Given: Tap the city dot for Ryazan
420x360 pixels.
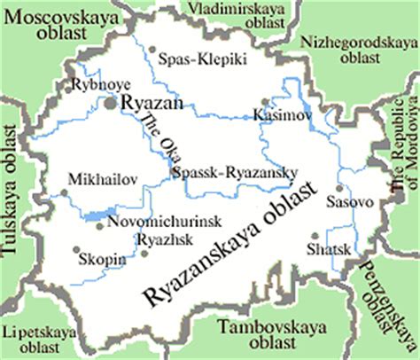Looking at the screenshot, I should pos(111,104).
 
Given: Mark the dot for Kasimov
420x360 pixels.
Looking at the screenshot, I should pos(263,101).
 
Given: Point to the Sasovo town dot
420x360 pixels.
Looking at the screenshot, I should pos(340,188).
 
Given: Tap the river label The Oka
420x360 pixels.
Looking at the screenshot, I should pos(159,137).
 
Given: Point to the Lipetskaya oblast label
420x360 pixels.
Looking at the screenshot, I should pos(39,338).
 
